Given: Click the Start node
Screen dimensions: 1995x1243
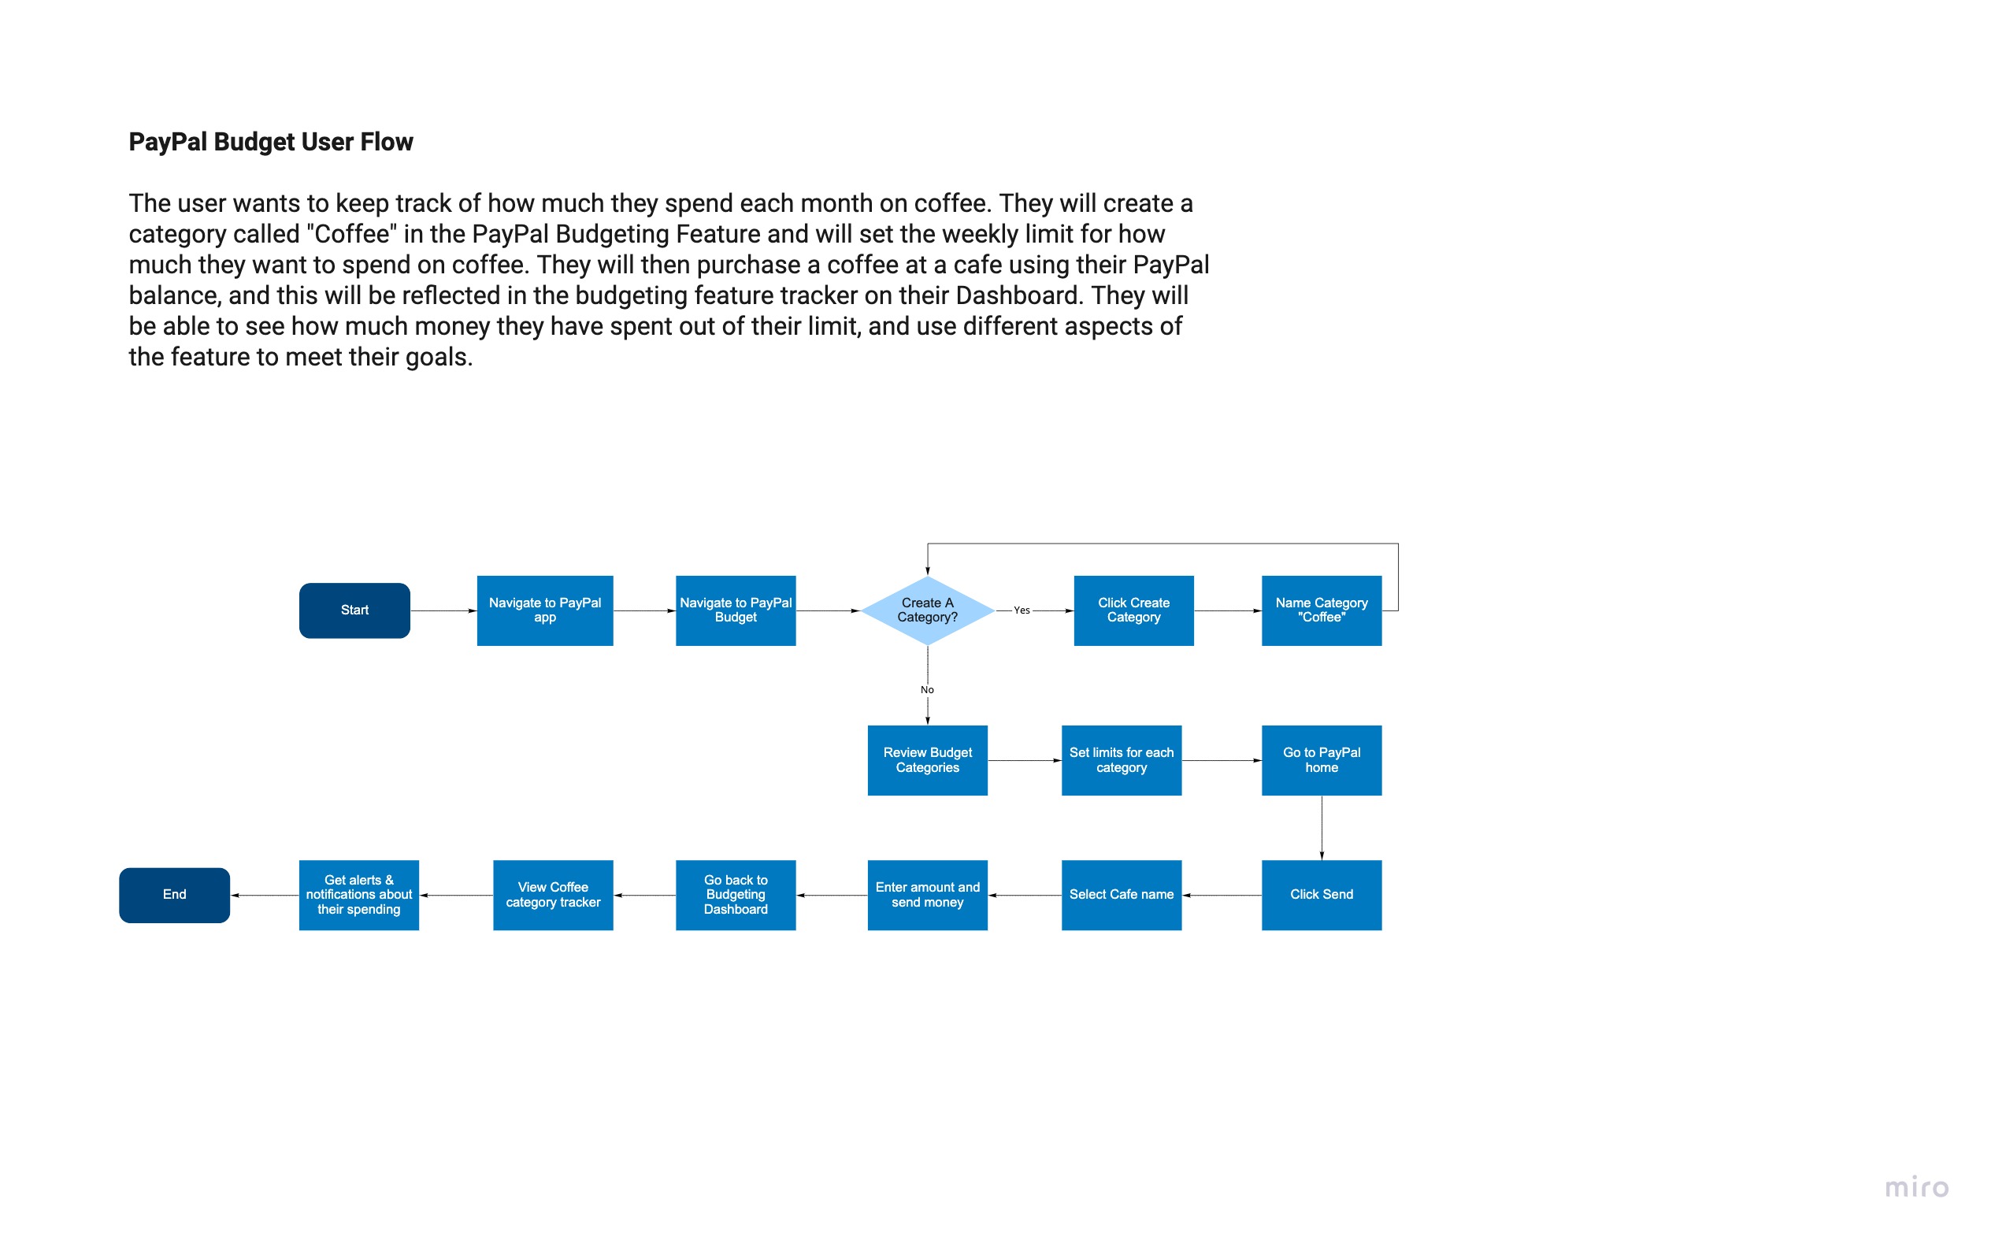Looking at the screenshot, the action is [x=354, y=610].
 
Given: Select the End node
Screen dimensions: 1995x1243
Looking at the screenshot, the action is [x=174, y=896].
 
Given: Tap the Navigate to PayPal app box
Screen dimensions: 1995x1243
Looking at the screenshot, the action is [x=545, y=610].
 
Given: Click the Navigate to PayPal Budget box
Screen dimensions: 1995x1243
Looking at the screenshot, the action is [x=736, y=610].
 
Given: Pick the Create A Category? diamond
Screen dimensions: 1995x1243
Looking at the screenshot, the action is [x=927, y=610].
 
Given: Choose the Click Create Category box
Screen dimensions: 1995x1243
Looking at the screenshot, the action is [x=1133, y=610].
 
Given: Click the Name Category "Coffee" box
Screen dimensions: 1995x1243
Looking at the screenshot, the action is [x=1321, y=610].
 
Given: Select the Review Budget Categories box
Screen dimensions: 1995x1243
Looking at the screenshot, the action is [x=927, y=760].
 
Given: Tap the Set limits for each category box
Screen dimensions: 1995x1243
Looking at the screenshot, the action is [x=1122, y=760].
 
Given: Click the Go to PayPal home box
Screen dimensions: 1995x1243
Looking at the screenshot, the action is [x=1321, y=760].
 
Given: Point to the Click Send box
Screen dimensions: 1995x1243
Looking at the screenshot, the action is [x=1321, y=896].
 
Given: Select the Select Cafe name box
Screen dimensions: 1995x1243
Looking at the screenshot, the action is [x=1122, y=896].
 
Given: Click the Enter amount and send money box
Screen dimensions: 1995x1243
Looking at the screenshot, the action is [x=927, y=896].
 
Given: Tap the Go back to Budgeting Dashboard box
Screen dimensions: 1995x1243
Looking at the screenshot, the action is [x=736, y=896].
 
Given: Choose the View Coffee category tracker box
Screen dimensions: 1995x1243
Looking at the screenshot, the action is [x=553, y=896].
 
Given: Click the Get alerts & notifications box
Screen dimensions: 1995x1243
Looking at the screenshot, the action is [x=359, y=896].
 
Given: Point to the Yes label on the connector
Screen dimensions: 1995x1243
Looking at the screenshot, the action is [x=1022, y=610].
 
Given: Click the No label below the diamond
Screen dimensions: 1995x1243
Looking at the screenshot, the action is [x=927, y=691].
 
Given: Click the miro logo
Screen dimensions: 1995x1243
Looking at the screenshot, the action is [x=1916, y=1188].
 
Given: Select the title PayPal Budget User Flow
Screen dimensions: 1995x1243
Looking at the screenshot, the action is [x=271, y=143].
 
